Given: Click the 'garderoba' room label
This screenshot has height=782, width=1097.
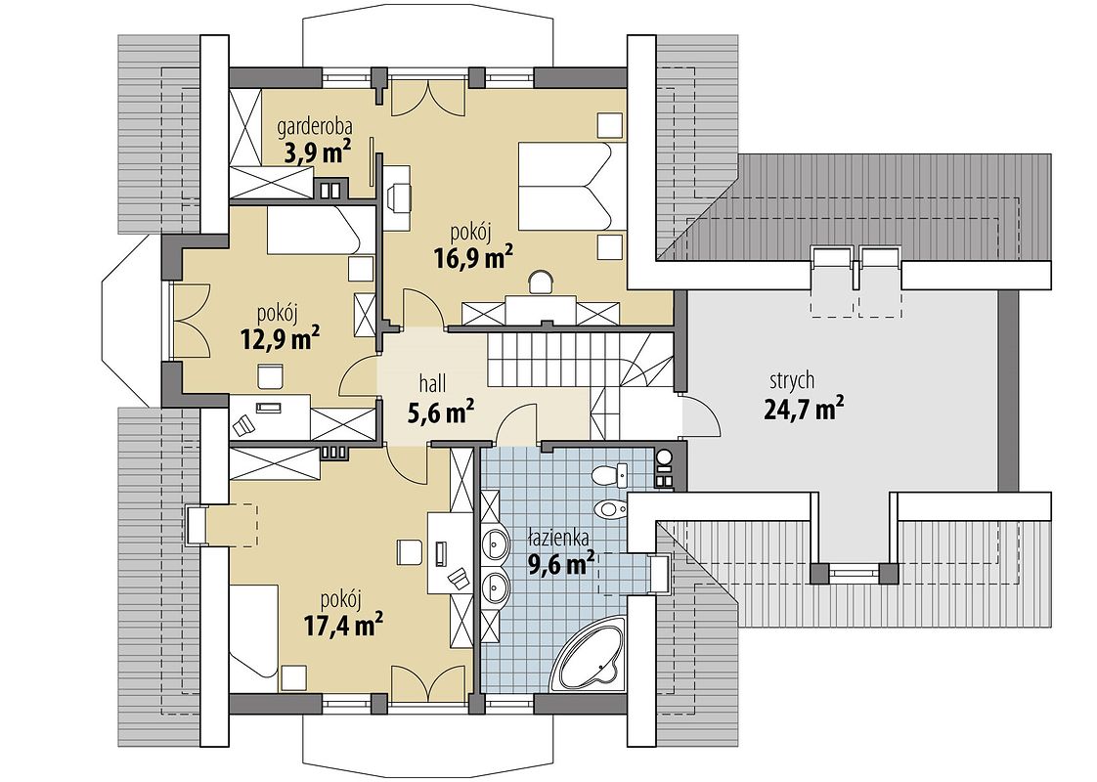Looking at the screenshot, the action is click(314, 128).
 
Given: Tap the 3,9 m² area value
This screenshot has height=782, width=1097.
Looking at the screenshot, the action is click(316, 152).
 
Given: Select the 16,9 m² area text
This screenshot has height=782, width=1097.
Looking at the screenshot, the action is click(473, 258).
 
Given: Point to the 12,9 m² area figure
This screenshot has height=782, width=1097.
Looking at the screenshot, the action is click(281, 338).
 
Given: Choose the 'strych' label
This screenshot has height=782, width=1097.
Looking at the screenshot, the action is click(792, 381).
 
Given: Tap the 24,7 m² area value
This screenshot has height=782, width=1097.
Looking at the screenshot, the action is click(803, 408).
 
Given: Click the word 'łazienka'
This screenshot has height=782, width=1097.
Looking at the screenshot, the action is click(557, 538).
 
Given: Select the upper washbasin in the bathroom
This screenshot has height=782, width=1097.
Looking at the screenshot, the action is click(496, 543).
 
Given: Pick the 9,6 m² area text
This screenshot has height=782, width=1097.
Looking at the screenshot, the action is click(561, 562).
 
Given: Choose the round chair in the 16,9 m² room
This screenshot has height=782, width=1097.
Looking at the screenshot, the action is click(540, 282).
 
